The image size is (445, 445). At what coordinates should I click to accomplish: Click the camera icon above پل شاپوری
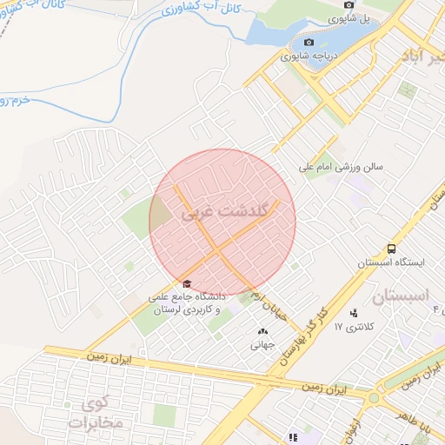pyautogui.click(x=349, y=4)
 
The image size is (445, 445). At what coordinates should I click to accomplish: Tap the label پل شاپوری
pyautogui.click(x=359, y=17)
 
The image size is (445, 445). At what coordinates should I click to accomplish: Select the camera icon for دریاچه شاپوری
pyautogui.click(x=309, y=43)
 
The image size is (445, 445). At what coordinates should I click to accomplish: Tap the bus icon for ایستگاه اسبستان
pyautogui.click(x=392, y=249)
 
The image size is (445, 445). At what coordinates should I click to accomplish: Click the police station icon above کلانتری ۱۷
pyautogui.click(x=354, y=313)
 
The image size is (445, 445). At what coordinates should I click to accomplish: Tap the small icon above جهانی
pyautogui.click(x=262, y=331)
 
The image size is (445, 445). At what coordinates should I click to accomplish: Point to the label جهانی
pyautogui.click(x=262, y=344)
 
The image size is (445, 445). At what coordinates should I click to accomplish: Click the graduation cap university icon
pyautogui.click(x=187, y=283)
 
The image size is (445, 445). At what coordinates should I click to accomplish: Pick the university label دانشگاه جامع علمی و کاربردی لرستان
pyautogui.click(x=187, y=303)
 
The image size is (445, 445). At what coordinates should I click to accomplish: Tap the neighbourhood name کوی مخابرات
pyautogui.click(x=100, y=414)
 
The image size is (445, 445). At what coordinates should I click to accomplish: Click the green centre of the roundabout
pyautogui.click(x=374, y=398)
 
